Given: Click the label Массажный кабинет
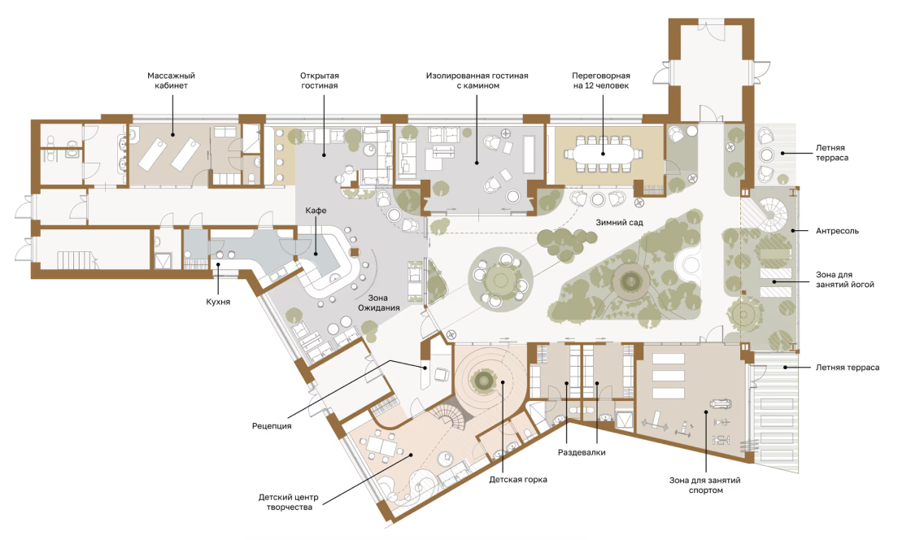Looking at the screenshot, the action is point(171,81).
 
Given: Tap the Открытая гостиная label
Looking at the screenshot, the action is point(320,81).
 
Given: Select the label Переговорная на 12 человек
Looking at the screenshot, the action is point(601,81).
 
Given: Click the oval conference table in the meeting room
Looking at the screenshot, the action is point(603,155).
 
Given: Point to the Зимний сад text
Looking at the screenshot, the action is point(619,222).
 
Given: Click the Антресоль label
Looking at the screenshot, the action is point(837,230).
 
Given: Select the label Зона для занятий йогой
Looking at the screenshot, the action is point(845,279).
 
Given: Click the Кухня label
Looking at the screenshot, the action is point(218,302).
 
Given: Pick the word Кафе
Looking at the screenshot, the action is point(316,210).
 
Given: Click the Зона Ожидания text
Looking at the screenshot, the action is point(378,303).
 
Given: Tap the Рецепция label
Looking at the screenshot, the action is point(272,425).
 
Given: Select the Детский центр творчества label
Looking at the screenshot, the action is point(289,502).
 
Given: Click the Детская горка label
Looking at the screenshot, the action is point(517,480).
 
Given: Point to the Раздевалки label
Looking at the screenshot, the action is point(582,452).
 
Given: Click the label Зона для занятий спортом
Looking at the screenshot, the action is point(704,485).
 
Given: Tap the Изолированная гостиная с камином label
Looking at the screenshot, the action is point(477,81).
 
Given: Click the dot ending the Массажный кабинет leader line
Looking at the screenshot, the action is point(172,134).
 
